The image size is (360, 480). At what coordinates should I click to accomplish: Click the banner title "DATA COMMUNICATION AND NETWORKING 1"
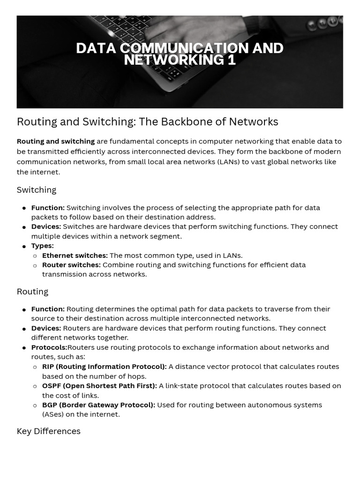[x=180, y=54]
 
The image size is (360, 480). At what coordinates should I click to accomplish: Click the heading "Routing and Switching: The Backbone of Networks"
[x=147, y=122]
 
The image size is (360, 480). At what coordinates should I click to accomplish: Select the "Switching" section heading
[x=37, y=190]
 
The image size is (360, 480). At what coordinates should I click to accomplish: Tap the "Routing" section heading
[x=32, y=292]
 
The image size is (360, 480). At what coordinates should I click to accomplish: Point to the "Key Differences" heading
[x=48, y=431]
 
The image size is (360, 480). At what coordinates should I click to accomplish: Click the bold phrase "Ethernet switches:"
[x=75, y=255]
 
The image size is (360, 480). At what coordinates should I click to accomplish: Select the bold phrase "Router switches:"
[x=71, y=265]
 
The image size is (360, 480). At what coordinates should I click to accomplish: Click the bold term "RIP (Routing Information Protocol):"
[x=104, y=367]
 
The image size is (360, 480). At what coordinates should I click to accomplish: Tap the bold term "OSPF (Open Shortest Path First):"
[x=99, y=386]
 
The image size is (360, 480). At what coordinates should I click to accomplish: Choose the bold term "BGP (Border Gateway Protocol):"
[x=98, y=405]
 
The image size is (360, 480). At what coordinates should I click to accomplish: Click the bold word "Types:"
[x=42, y=246]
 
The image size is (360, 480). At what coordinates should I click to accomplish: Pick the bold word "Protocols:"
[x=49, y=347]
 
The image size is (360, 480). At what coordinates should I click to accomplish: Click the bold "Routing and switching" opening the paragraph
[x=55, y=141]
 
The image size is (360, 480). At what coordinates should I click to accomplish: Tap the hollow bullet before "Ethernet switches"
[x=35, y=256]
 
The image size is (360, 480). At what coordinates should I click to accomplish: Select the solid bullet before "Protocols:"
[x=24, y=348]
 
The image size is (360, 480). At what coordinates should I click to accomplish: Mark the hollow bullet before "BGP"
[x=35, y=405]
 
